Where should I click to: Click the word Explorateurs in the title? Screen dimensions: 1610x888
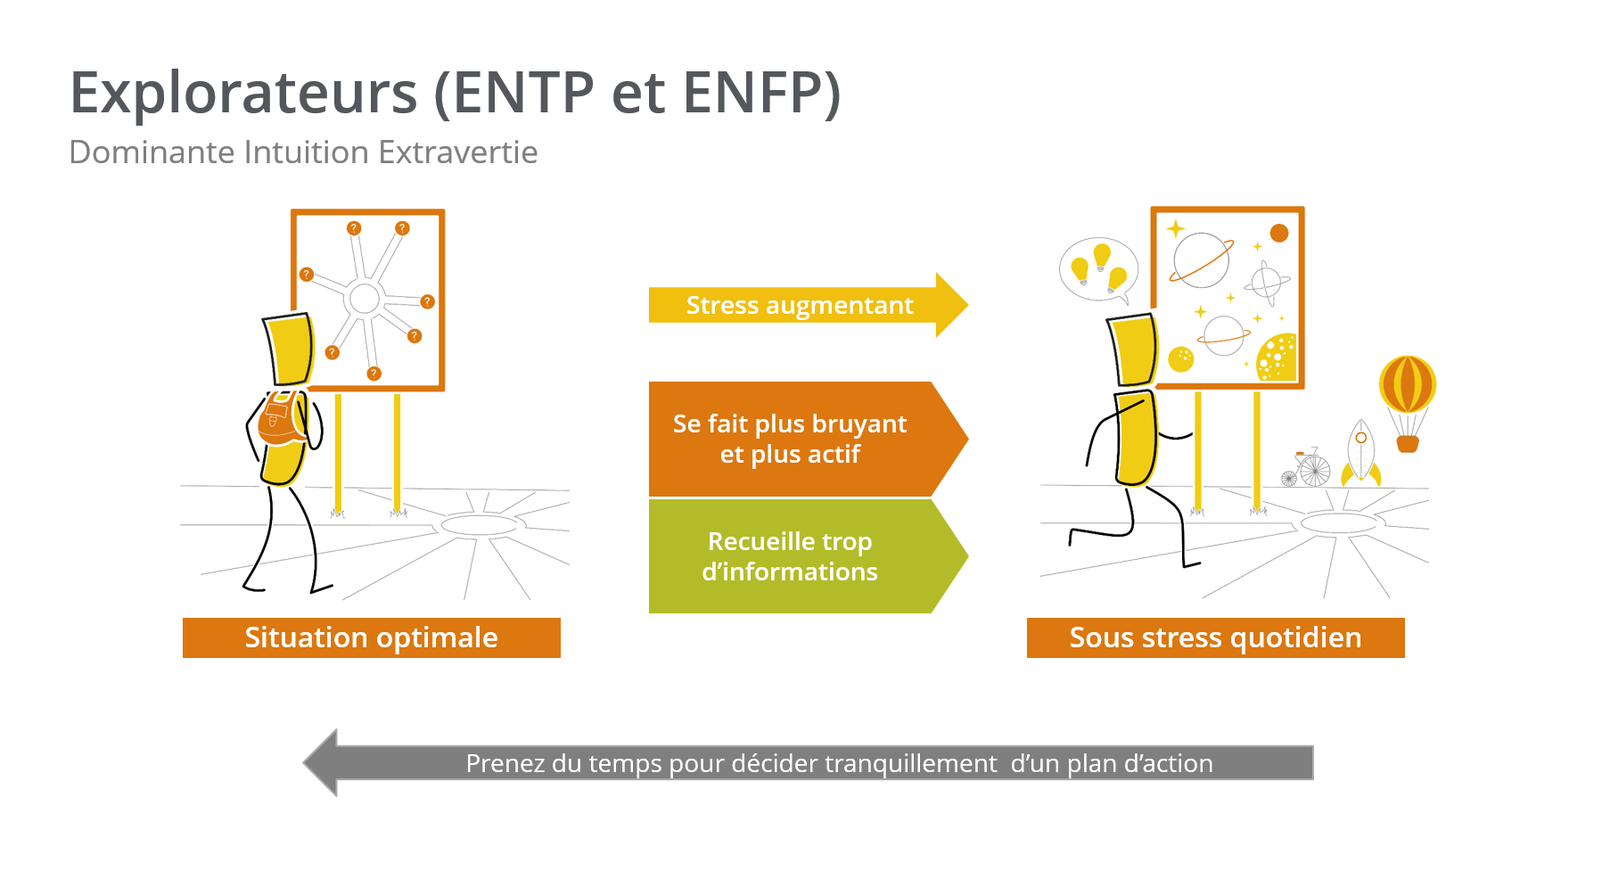point(243,93)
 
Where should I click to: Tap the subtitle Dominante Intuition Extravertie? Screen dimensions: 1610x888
point(303,152)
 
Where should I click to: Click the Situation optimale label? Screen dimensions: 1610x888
point(372,637)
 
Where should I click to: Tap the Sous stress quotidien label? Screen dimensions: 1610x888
point(1216,637)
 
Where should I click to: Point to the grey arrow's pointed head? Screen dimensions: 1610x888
point(305,763)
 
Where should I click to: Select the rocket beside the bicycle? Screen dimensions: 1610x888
point(1361,453)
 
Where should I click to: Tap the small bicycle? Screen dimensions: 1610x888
point(1307,468)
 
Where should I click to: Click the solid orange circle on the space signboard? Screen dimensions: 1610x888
point(1279,233)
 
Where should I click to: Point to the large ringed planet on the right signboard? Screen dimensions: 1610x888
point(1202,259)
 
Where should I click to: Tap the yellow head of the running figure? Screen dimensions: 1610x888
point(1132,349)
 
